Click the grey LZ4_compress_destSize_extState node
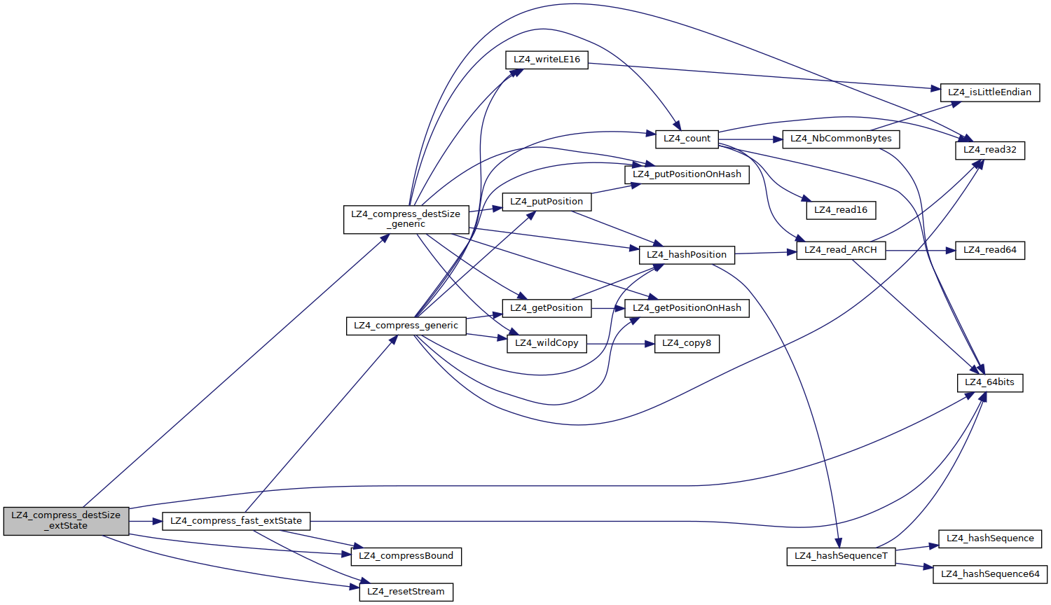[x=66, y=521]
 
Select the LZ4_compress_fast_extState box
[x=236, y=521]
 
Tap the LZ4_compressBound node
[x=406, y=556]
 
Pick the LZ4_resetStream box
[x=406, y=592]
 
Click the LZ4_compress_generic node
[x=406, y=326]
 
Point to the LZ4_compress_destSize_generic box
[x=406, y=219]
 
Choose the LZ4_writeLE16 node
[x=547, y=60]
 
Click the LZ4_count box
[x=687, y=139]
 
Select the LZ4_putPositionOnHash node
[x=687, y=174]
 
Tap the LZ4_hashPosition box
[x=687, y=255]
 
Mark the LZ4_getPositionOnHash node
[x=687, y=308]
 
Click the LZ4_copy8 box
[x=687, y=343]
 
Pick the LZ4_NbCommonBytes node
[x=841, y=139]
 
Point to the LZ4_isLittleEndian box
[x=989, y=92]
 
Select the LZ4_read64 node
[x=989, y=250]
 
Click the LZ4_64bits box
[x=989, y=382]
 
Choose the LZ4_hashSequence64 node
[x=990, y=574]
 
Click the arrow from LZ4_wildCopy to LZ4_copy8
[x=620, y=344]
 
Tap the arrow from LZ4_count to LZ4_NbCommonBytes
[x=750, y=139]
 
